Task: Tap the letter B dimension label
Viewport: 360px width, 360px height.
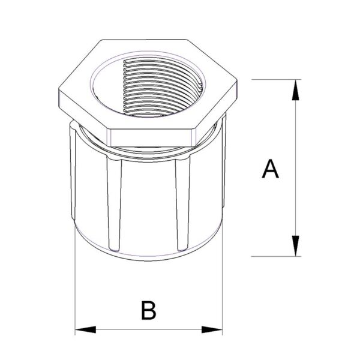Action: pos(148,311)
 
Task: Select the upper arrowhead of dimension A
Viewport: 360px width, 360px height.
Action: pos(295,90)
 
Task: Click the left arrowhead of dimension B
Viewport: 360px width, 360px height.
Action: pos(84,329)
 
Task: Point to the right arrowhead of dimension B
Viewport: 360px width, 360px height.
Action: pos(213,329)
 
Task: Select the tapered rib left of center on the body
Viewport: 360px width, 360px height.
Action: pos(115,204)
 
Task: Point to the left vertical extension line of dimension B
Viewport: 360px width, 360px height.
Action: pos(74,288)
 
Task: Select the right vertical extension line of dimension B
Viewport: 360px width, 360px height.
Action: pos(223,288)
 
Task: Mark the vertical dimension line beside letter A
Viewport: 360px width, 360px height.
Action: pos(295,204)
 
